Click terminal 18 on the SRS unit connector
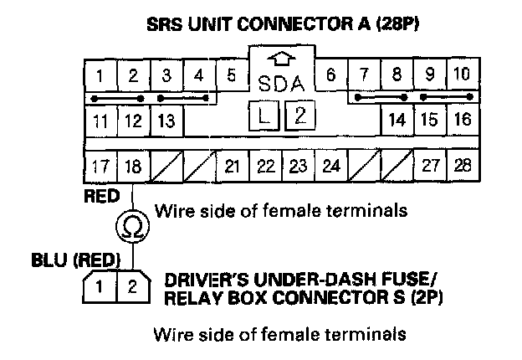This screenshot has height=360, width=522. (x=133, y=166)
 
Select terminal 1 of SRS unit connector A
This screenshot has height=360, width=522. (x=100, y=76)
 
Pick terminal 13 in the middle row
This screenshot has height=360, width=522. (x=166, y=121)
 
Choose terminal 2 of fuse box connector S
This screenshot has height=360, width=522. (x=131, y=287)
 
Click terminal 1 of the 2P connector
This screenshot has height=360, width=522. (x=99, y=287)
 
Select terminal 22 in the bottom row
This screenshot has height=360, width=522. (x=266, y=166)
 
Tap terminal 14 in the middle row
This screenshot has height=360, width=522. (x=397, y=121)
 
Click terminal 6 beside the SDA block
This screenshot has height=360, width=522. (x=331, y=76)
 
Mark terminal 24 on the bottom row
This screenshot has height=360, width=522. (x=331, y=166)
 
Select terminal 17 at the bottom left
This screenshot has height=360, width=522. (x=100, y=166)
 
